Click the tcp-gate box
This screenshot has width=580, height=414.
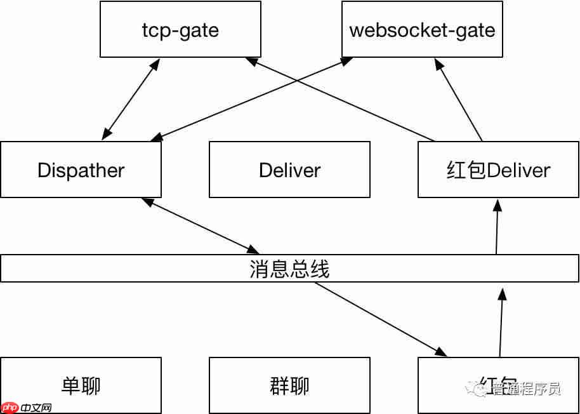coord(180,29)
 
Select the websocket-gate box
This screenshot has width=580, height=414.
coord(422,29)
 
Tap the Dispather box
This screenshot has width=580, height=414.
coord(81,170)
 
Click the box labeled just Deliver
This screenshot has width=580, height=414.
coord(289,170)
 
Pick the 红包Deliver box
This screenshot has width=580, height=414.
coord(498,170)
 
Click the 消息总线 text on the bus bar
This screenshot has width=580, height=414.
coord(289,269)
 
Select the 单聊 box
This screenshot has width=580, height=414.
coord(81,385)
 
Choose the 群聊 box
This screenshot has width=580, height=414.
coord(289,385)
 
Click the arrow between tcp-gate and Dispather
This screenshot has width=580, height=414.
coord(131,99)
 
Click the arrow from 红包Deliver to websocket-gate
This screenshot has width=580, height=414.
coord(458,99)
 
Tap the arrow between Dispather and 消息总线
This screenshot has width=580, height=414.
coord(200,225)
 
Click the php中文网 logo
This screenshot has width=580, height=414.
coord(27,407)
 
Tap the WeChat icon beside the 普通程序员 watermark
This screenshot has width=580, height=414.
coord(474,388)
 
